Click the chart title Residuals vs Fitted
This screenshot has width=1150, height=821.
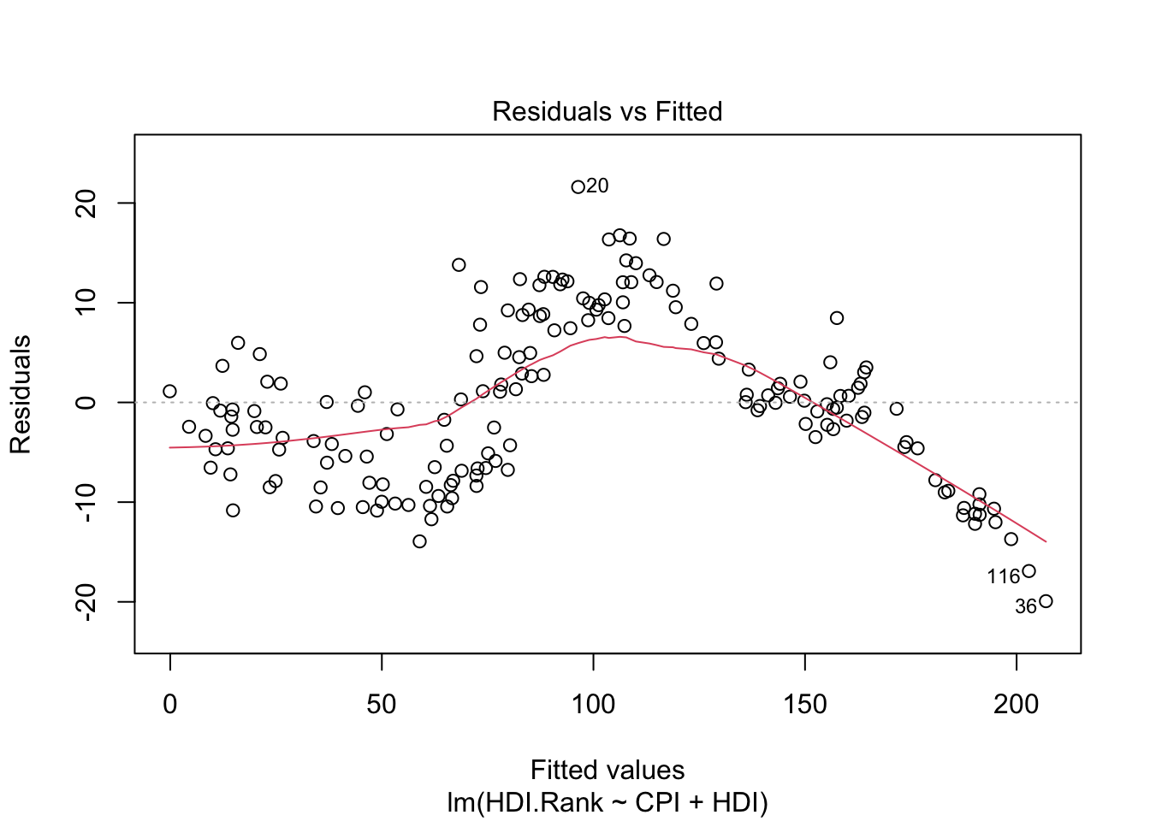pyautogui.click(x=607, y=111)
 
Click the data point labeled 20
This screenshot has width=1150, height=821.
pyautogui.click(x=578, y=186)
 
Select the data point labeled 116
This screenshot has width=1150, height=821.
pyautogui.click(x=1028, y=571)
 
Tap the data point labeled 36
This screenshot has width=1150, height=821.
pyautogui.click(x=1046, y=601)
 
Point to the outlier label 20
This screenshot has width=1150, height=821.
pyautogui.click(x=598, y=186)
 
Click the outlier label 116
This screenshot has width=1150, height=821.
pyautogui.click(x=1003, y=577)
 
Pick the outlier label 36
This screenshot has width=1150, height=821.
pyautogui.click(x=1025, y=607)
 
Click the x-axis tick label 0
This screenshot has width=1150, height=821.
pyautogui.click(x=170, y=704)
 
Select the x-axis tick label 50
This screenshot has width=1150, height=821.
pyautogui.click(x=382, y=704)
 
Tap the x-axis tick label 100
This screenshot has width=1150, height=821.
pyautogui.click(x=593, y=704)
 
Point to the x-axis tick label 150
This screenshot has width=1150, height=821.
pyautogui.click(x=805, y=704)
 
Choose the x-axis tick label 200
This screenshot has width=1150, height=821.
pyautogui.click(x=1017, y=704)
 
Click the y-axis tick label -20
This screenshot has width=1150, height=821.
pyautogui.click(x=86, y=601)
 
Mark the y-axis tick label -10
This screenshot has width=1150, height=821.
pyautogui.click(x=86, y=502)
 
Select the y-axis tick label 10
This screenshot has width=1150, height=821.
pyautogui.click(x=86, y=303)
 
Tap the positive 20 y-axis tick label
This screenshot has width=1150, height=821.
pyautogui.click(x=86, y=203)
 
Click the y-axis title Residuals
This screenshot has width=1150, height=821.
pyautogui.click(x=21, y=394)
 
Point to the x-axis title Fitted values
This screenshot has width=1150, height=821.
pyautogui.click(x=607, y=770)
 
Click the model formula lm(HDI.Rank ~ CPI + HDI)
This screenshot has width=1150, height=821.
pyautogui.click(x=607, y=803)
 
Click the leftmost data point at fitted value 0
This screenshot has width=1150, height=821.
pyautogui.click(x=169, y=392)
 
